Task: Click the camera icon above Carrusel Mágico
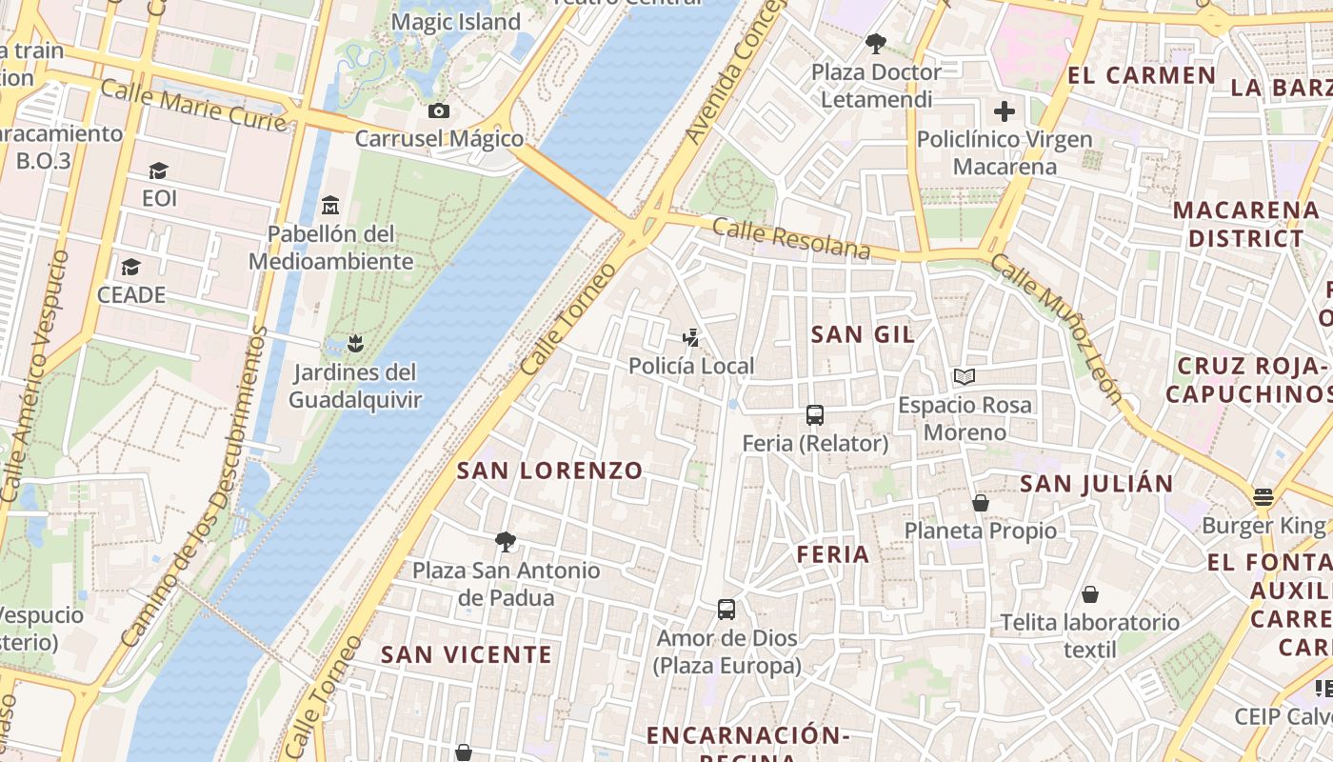(x=438, y=111)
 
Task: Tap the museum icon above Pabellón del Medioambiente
(x=330, y=205)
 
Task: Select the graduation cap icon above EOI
(x=158, y=170)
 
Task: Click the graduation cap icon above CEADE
(x=130, y=267)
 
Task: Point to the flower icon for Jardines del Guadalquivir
(x=355, y=343)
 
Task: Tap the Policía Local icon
(x=691, y=337)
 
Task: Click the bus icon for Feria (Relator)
(x=815, y=415)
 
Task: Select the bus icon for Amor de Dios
(x=726, y=610)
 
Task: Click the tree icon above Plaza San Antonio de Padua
(x=506, y=542)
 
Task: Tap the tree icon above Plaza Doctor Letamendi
(x=875, y=43)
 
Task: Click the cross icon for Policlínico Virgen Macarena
(x=1004, y=111)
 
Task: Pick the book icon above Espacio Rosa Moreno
(x=965, y=377)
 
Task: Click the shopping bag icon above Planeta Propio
(x=980, y=503)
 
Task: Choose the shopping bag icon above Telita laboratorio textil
(x=1089, y=594)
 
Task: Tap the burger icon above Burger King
(x=1263, y=496)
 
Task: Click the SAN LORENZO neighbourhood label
(x=549, y=471)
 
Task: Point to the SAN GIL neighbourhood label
(x=863, y=334)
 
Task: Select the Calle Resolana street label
(x=791, y=238)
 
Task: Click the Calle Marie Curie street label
(x=192, y=106)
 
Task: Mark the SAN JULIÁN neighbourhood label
(x=1097, y=484)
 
